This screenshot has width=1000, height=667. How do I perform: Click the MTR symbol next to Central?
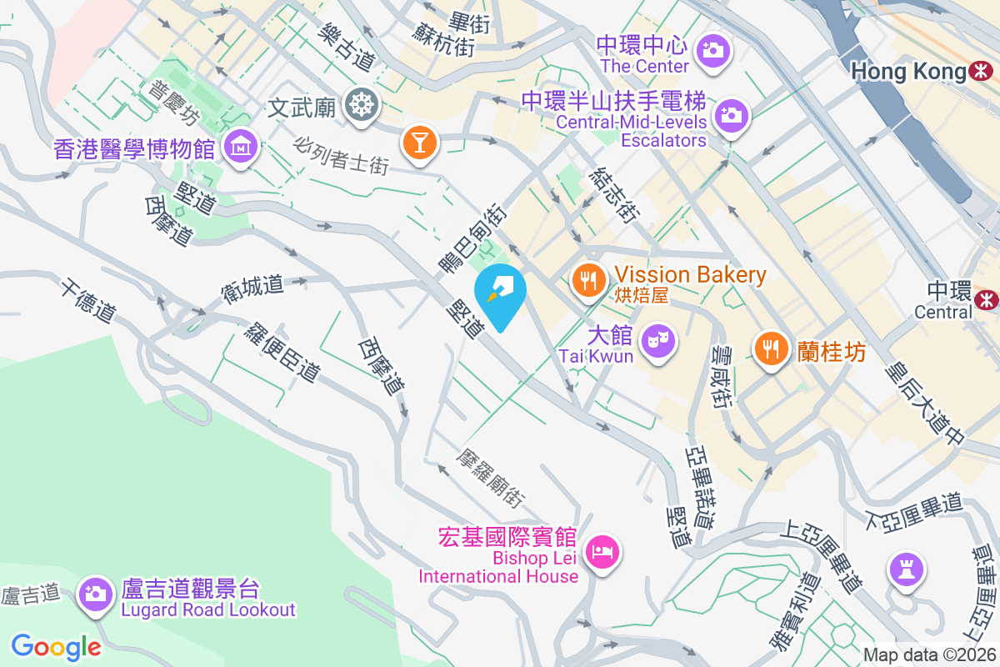point(987,298)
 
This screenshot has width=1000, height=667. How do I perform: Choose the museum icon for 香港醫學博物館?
point(240,148)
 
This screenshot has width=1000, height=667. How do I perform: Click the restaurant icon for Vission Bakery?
point(590,278)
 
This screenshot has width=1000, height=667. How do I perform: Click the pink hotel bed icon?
point(602,551)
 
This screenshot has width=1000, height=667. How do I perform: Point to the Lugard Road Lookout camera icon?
point(96,594)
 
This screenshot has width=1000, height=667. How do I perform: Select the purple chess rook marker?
point(904,569)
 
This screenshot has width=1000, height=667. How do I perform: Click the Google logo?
point(56,646)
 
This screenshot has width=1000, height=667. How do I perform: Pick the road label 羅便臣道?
point(282,353)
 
